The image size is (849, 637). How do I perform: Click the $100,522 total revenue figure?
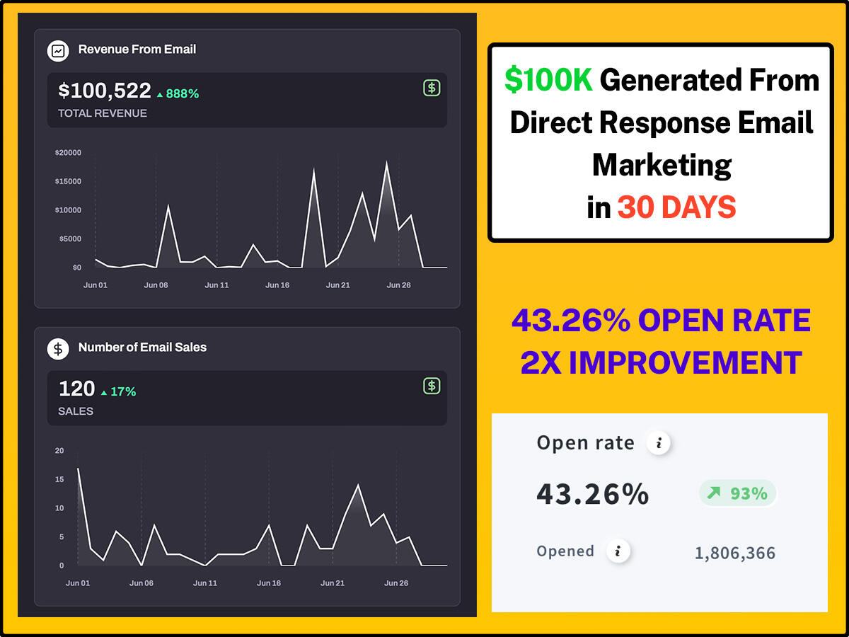[x=105, y=91]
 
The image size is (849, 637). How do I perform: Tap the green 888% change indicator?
[x=178, y=93]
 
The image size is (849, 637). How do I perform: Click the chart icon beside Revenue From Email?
[x=57, y=50]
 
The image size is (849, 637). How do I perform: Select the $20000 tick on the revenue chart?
[x=68, y=152]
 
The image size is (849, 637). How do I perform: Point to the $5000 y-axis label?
[x=68, y=239]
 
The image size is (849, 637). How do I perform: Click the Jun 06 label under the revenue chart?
[x=156, y=285]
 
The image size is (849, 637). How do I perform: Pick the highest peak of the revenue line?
[x=386, y=163]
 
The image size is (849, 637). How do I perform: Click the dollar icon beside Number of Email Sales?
[x=57, y=348]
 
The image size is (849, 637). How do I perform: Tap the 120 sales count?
[x=76, y=389]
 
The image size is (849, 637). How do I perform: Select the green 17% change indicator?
[x=118, y=391]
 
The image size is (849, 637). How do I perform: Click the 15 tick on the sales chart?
[x=59, y=479]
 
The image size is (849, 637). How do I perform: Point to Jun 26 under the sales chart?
[x=396, y=583]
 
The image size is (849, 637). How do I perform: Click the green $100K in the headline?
[x=548, y=80]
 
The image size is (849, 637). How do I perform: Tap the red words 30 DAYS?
[x=676, y=207]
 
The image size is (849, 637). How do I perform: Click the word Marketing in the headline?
[x=662, y=165]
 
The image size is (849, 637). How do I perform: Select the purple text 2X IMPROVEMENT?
[x=661, y=362]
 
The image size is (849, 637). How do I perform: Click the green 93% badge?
[x=738, y=493]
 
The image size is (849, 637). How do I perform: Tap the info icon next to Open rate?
[x=659, y=444]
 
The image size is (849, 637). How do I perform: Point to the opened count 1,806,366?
[x=734, y=553]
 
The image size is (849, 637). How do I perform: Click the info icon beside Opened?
[x=618, y=551]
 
